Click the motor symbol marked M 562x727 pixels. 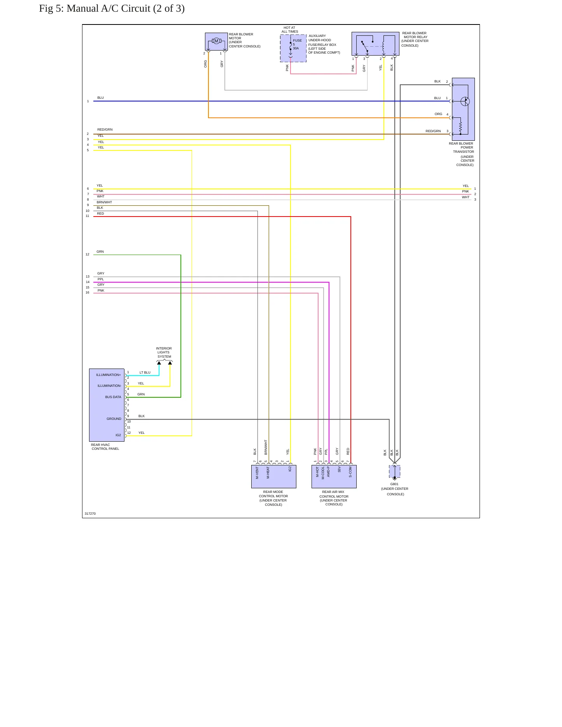click(x=216, y=41)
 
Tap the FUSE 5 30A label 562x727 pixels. click(x=297, y=44)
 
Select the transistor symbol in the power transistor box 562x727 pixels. click(x=465, y=101)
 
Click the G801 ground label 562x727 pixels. click(x=394, y=484)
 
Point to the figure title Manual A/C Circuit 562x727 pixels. click(x=112, y=8)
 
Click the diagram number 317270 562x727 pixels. click(x=90, y=514)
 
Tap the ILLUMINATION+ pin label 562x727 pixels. click(x=109, y=375)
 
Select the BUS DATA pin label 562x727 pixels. click(x=113, y=397)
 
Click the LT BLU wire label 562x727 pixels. click(x=145, y=372)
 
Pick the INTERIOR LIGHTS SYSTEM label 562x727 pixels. click(x=164, y=353)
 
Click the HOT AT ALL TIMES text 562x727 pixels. click(x=290, y=30)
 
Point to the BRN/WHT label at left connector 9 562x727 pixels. click(x=104, y=202)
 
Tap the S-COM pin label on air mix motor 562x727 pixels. click(x=350, y=472)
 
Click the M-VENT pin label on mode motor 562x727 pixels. click(x=257, y=472)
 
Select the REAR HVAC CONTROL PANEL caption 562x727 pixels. click(x=105, y=447)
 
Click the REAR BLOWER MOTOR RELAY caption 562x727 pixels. click(x=415, y=39)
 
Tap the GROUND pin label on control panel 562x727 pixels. click(x=114, y=419)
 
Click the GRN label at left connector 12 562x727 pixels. click(x=100, y=252)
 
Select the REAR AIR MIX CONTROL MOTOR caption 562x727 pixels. click(x=334, y=498)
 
